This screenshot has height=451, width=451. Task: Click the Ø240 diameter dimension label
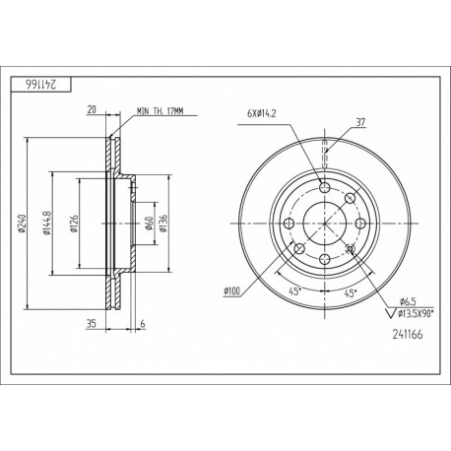point(22,224)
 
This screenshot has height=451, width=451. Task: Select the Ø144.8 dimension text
point(46,224)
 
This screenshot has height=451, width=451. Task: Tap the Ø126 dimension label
point(74,224)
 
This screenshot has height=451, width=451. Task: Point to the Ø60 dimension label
point(150,224)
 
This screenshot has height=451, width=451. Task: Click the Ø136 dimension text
point(163,224)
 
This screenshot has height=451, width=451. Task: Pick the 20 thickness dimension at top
point(92,109)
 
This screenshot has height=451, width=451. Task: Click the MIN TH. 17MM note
point(161,111)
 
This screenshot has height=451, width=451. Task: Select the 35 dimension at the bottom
point(91,324)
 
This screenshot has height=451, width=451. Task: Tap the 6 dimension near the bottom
point(143,324)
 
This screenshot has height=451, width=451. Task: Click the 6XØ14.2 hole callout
point(262,114)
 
